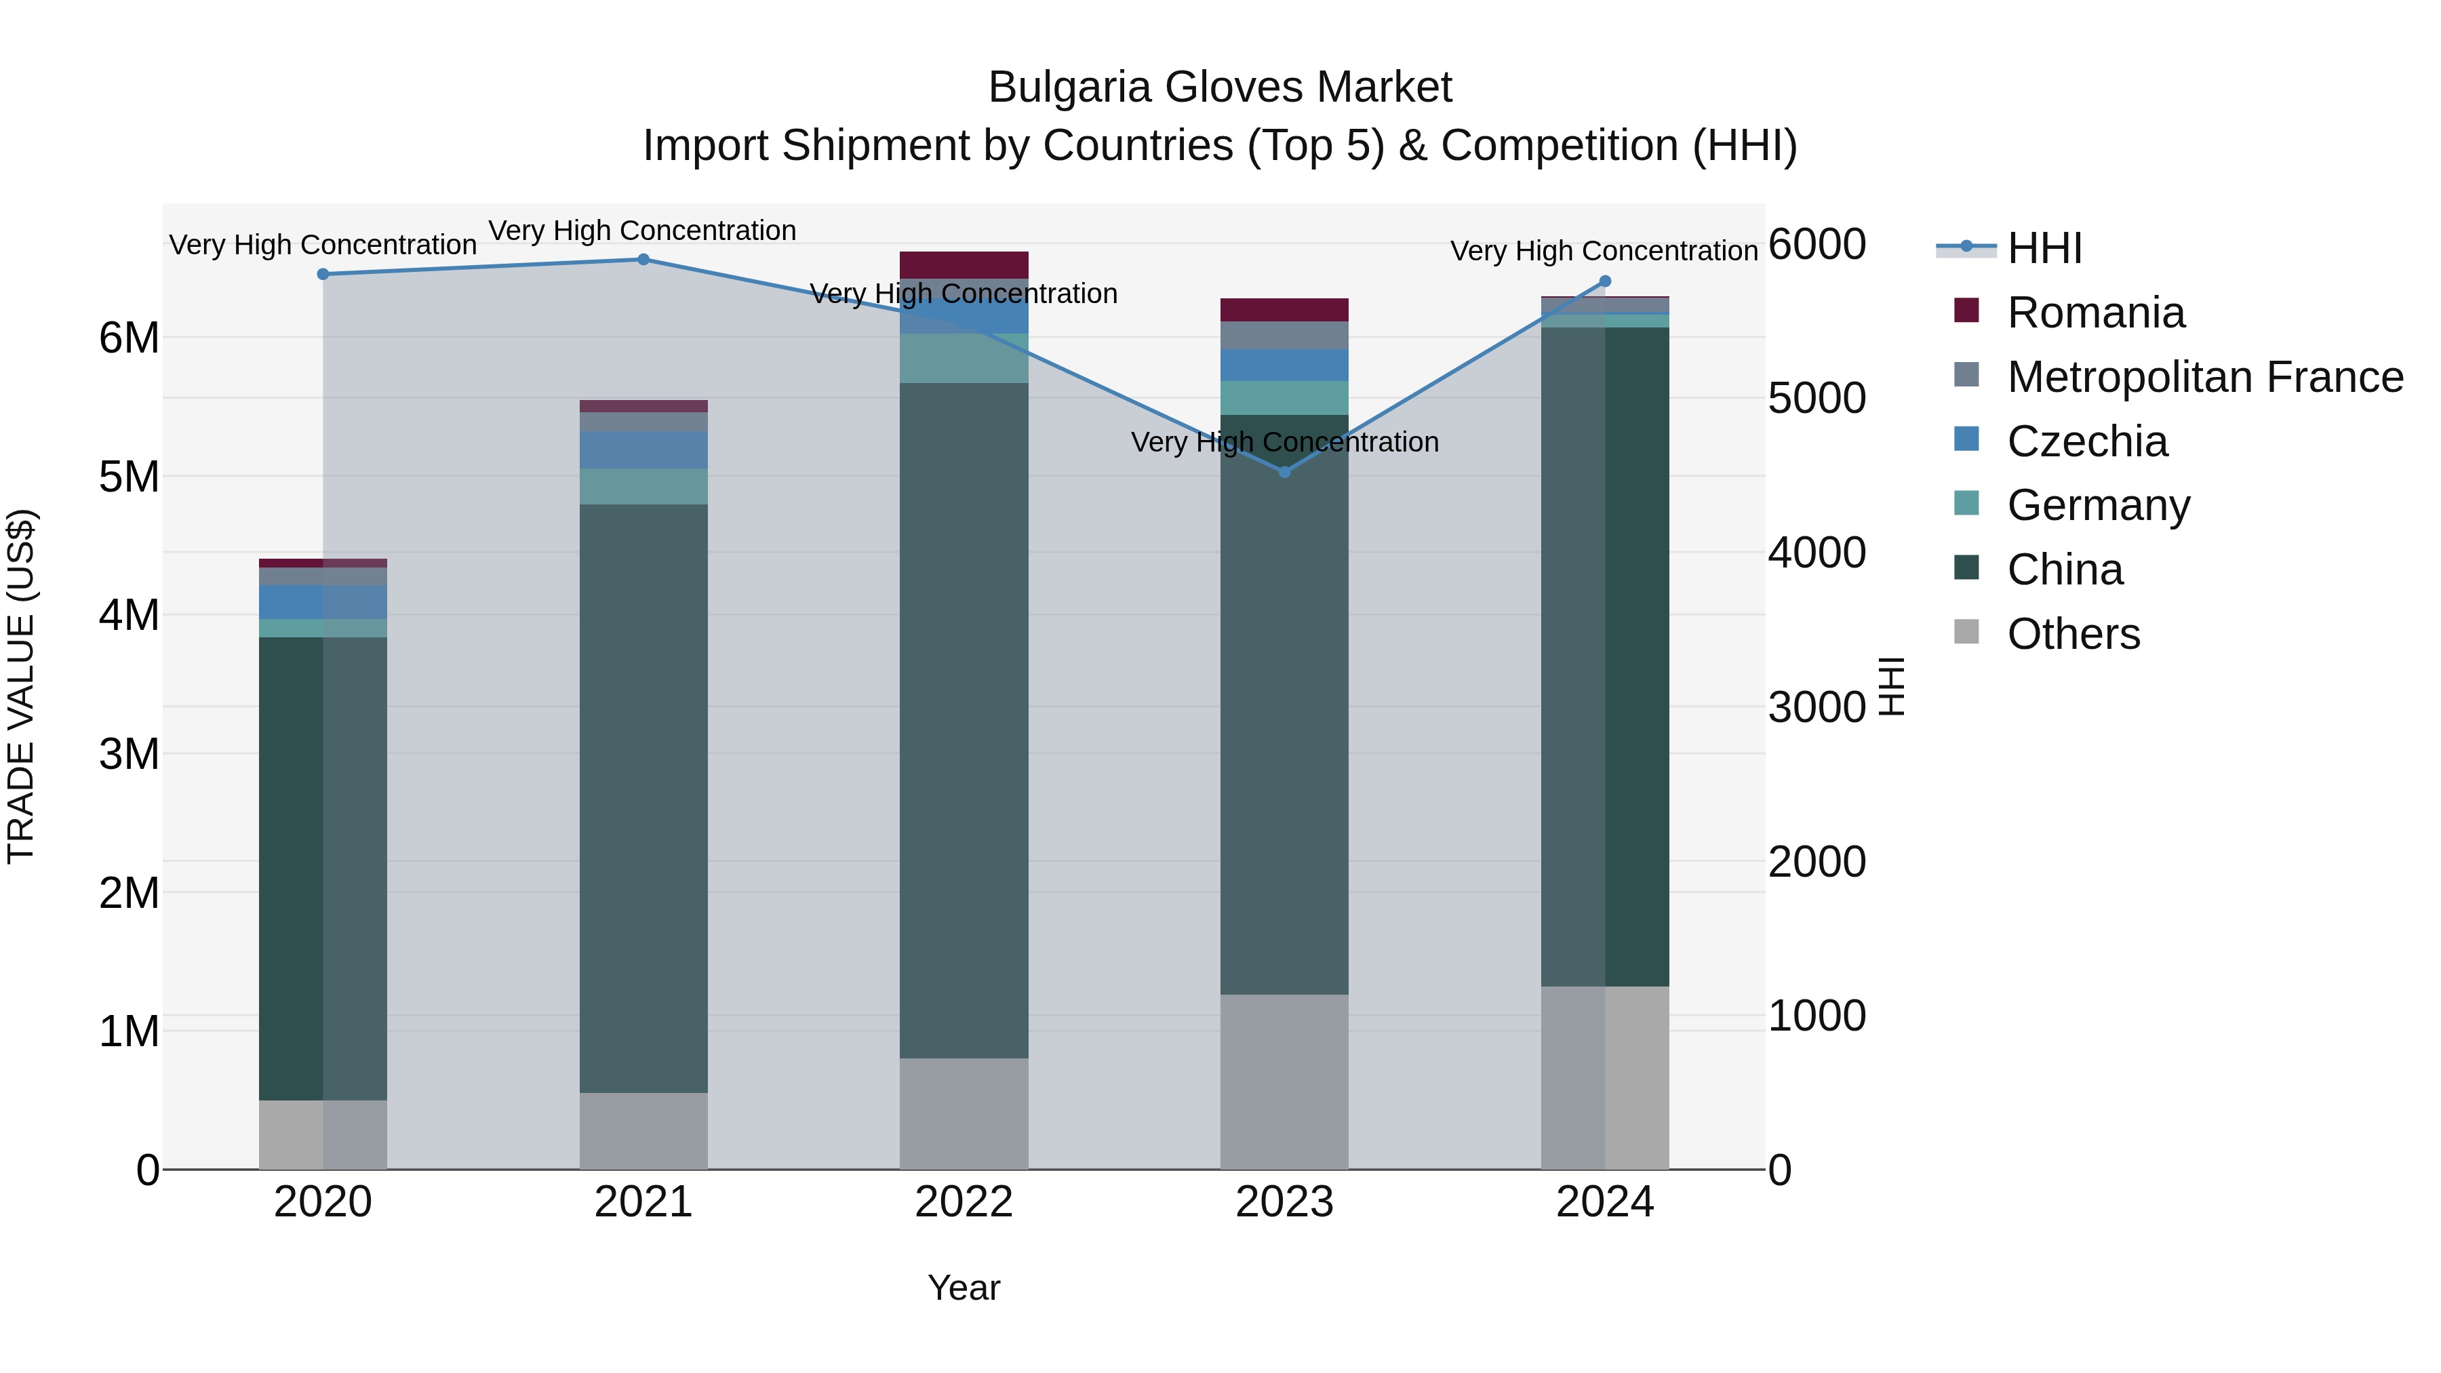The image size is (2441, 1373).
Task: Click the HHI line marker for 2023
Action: click(1284, 471)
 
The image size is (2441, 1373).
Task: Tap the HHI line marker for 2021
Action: click(643, 260)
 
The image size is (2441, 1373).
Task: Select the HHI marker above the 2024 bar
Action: click(1605, 281)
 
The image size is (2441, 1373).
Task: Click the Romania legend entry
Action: click(2095, 313)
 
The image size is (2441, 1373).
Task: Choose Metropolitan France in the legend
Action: click(2204, 377)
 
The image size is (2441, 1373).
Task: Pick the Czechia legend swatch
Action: click(1966, 439)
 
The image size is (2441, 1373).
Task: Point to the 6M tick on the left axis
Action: click(130, 338)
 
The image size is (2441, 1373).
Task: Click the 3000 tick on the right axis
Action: click(1817, 708)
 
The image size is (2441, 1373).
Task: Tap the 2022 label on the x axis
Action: click(964, 1202)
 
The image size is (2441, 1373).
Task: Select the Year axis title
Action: click(964, 1288)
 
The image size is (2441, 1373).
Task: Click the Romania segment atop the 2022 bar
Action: click(964, 264)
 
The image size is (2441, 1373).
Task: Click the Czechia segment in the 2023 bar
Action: click(1284, 365)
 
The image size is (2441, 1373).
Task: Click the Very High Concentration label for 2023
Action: click(1284, 443)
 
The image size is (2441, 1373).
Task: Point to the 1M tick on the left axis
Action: click(130, 1031)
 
